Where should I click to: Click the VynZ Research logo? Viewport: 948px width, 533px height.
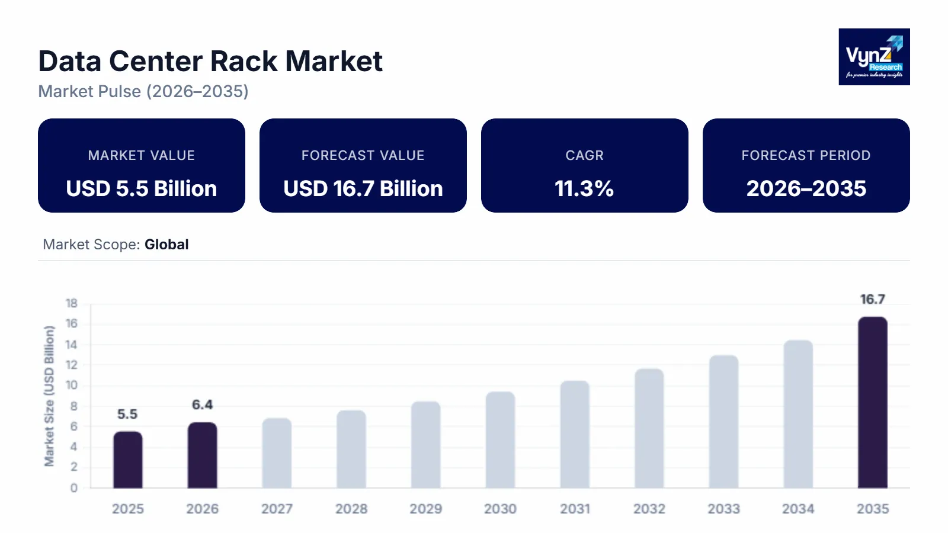874,57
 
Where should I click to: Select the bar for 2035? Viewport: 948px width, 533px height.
872,403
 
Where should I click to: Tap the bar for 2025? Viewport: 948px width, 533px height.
128,460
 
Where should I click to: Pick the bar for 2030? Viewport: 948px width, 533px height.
500,440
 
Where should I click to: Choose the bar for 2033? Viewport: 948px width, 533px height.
723,422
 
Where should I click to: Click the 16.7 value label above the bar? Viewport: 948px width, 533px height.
872,300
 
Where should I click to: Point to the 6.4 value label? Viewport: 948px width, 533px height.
202,404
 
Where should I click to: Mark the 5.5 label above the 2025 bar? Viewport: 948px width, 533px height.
127,414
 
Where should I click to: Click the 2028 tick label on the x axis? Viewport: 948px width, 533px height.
351,509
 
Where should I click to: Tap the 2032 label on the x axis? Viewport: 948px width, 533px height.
649,509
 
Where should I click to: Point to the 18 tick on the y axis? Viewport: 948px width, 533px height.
72,303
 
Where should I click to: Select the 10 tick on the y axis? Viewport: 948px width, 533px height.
72,386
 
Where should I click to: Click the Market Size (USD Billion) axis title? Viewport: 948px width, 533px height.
49,396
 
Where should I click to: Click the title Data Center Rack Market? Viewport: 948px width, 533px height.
210,62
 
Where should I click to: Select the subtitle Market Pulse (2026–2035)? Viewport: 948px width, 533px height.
143,91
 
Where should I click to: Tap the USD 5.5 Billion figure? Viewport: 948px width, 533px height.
142,188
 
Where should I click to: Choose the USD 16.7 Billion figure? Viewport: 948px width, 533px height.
363,188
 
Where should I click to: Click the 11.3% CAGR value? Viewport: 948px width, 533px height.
584,188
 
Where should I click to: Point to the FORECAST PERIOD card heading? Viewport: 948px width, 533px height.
806,155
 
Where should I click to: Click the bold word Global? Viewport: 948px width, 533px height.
166,245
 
